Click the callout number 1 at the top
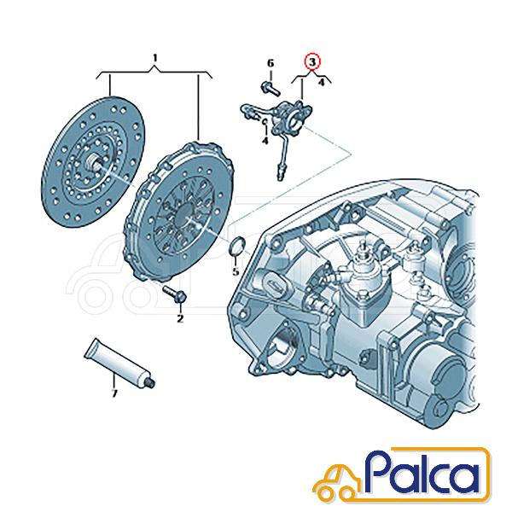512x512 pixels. tap(155, 58)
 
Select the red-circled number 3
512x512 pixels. tap(312, 61)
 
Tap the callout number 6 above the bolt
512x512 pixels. tap(271, 63)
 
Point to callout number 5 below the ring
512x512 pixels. tap(236, 271)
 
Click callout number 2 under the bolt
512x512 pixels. tap(180, 318)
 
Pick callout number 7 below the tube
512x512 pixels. tap(114, 393)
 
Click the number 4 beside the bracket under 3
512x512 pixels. tap(322, 82)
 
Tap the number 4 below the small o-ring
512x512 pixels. tap(265, 141)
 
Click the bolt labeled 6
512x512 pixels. tap(271, 89)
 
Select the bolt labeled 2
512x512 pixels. tap(175, 294)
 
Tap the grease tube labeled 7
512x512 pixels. tap(120, 364)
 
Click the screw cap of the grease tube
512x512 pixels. tap(150, 382)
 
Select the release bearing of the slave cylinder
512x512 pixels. tap(295, 118)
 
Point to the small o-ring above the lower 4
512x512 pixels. tap(265, 122)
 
